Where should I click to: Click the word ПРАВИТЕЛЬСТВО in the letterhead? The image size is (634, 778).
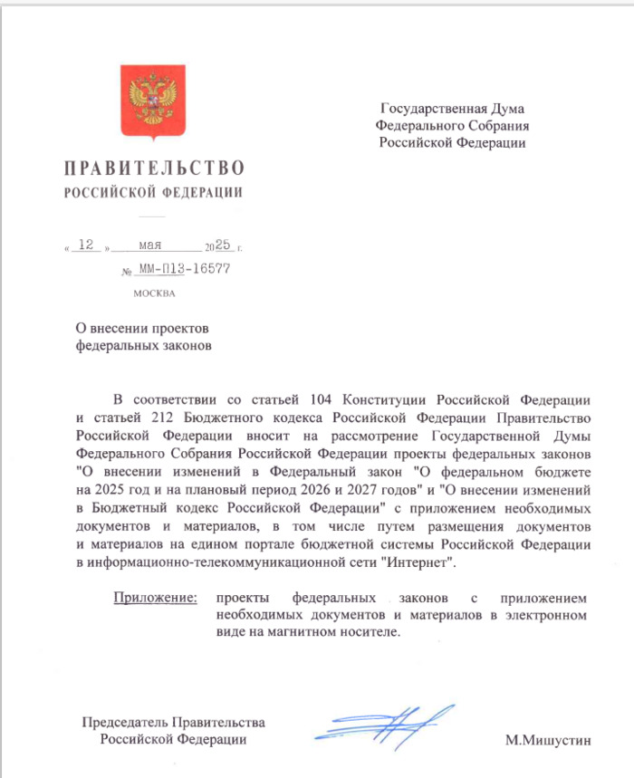[154, 168]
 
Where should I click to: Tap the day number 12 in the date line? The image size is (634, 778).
[88, 245]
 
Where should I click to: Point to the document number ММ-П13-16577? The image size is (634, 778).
[184, 269]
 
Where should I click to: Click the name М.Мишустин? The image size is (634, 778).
[548, 740]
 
